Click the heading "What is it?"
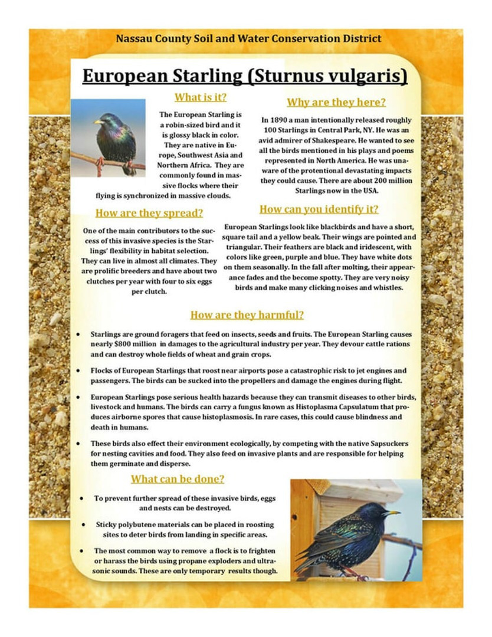(201, 97)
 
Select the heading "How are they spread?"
(149, 213)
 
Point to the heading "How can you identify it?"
(319, 209)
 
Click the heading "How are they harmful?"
(247, 315)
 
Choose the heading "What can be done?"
(177, 479)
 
